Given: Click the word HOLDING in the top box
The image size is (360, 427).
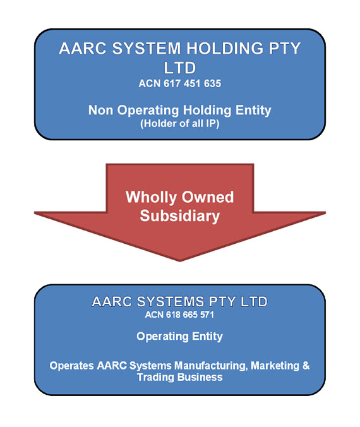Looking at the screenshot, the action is pos(225,49).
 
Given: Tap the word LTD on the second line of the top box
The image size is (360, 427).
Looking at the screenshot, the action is pos(180,68).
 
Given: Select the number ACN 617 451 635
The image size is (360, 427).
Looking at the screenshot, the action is pos(180,83).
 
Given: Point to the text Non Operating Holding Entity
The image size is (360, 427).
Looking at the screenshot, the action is pos(180,111).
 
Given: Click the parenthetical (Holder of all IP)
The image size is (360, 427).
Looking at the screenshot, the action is pos(180,124).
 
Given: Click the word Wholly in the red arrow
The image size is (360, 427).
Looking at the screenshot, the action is pos(151,198).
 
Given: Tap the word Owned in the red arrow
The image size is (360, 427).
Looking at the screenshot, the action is pos(208,197).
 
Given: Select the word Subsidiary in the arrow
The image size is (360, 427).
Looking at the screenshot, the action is pos(180,216).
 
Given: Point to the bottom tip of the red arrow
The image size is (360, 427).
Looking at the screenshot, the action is pos(180,262).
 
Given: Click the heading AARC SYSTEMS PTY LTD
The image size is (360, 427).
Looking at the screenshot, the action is pos(180,302).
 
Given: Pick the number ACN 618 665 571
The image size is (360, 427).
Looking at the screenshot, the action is pos(180,315).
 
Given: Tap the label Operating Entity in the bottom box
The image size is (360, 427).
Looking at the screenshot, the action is pos(180,337).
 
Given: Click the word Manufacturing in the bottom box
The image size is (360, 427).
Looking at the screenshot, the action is pos(211,366).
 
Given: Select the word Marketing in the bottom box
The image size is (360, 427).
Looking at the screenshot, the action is pos(275,366).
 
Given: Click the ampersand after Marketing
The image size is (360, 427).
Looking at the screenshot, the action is pos(306,366).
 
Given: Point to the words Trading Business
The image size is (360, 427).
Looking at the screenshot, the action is pos(180,378).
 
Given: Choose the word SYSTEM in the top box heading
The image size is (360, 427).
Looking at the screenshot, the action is pos(147,49).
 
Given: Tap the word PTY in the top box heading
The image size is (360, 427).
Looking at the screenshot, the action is pos(285,49).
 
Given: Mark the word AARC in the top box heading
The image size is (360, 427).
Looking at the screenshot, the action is pos(83,49).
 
